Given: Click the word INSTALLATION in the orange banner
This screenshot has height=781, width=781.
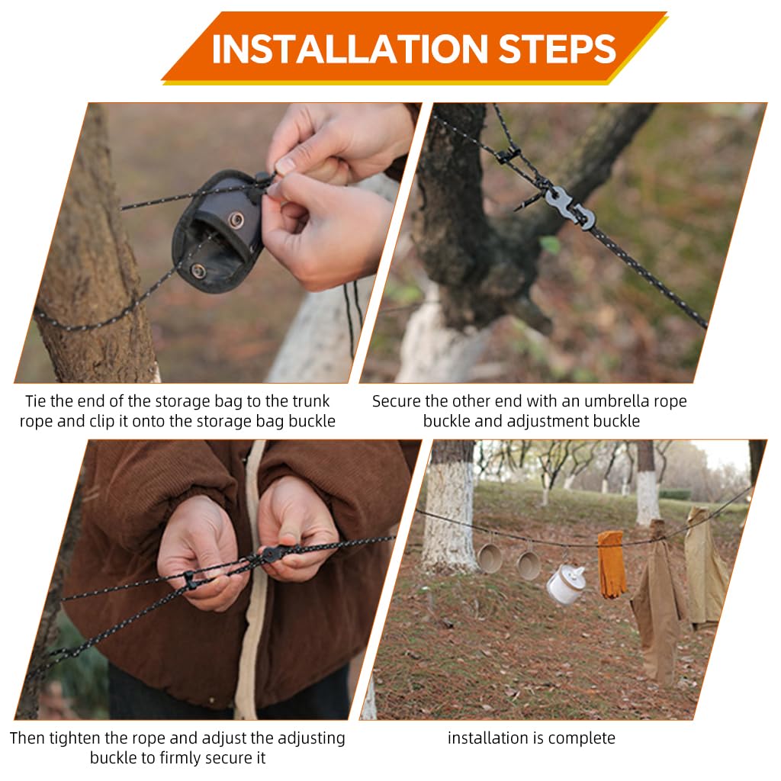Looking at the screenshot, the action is (349, 50).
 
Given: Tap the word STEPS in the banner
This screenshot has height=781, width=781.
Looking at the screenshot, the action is (558, 50).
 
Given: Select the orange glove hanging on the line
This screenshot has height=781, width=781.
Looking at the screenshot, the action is (612, 564).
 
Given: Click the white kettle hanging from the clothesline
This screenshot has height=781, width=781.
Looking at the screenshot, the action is (565, 583).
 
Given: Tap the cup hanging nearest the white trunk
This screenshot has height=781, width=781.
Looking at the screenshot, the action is (489, 558).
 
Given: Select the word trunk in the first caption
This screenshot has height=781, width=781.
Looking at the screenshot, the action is (311, 401).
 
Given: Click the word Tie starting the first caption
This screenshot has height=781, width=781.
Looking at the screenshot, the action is (35, 401).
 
